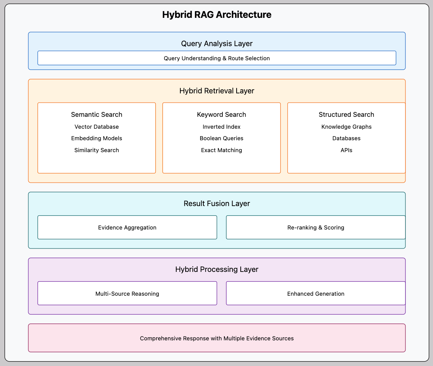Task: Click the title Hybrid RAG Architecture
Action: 216,15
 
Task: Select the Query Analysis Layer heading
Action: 216,44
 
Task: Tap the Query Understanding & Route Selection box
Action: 216,58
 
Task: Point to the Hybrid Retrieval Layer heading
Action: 216,91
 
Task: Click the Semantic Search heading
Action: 97,115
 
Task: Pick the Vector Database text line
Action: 97,127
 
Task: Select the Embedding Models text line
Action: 97,138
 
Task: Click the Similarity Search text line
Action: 97,150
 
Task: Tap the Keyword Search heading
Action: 221,115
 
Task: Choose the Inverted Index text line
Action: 221,127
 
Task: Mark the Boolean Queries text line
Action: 221,138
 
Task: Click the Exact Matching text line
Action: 221,150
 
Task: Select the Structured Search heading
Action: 346,115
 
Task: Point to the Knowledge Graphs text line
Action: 346,127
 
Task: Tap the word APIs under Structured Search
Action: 346,150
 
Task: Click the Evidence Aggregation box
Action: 127,227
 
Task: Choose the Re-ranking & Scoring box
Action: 316,227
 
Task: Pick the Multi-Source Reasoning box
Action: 127,293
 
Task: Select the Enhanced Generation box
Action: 316,293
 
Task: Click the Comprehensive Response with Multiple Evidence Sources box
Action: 216,338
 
